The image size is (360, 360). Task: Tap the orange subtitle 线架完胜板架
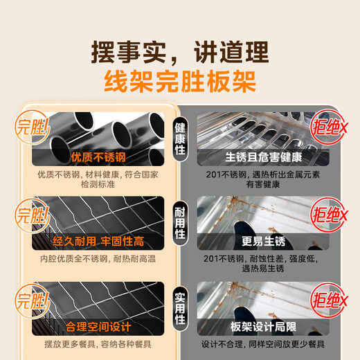click(180, 82)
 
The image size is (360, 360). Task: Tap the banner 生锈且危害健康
click(260, 157)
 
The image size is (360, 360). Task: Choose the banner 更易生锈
click(260, 242)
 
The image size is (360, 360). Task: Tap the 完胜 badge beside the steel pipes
click(33, 129)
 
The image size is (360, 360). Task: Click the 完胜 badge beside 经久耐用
click(33, 213)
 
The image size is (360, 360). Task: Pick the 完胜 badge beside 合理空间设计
click(33, 299)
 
